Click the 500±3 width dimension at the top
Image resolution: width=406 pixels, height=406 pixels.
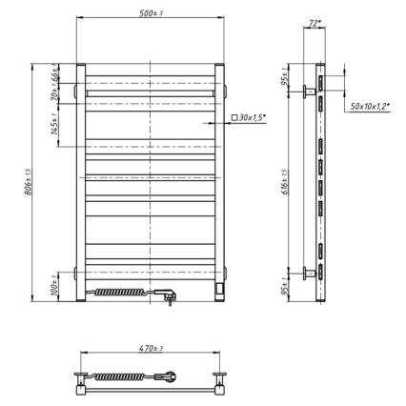(x=152, y=11)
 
